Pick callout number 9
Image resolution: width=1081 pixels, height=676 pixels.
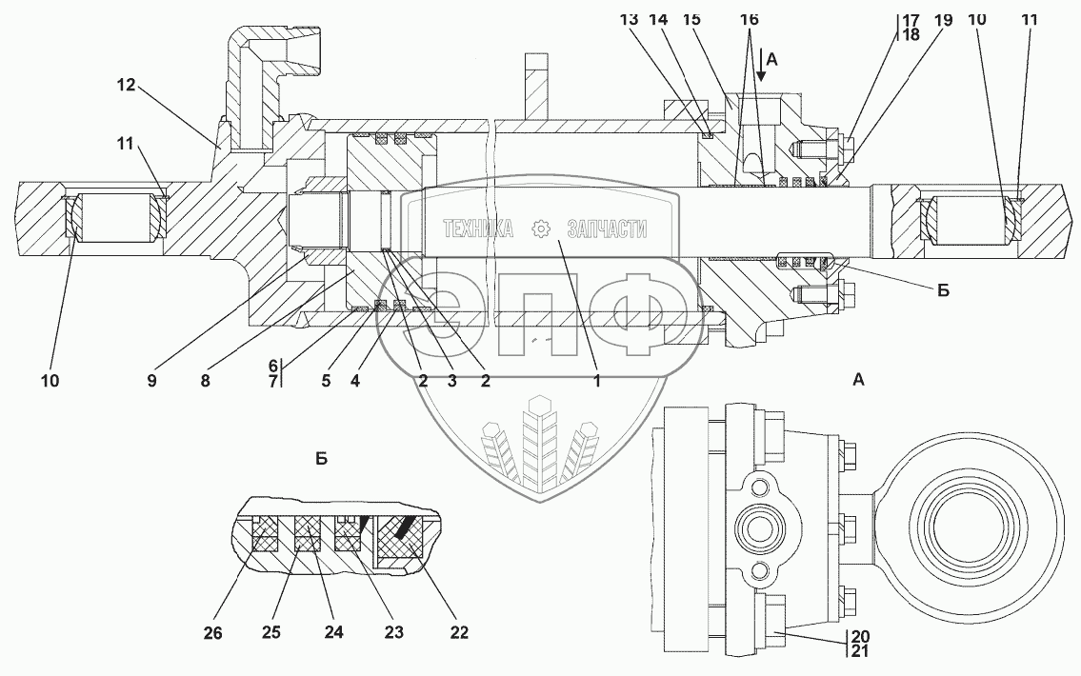152,381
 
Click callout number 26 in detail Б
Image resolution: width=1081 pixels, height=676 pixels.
213,631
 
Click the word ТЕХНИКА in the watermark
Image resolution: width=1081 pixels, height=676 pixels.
477,229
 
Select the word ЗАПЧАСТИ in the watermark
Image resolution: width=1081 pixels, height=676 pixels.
606,229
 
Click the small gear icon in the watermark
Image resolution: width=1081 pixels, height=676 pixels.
540,229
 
